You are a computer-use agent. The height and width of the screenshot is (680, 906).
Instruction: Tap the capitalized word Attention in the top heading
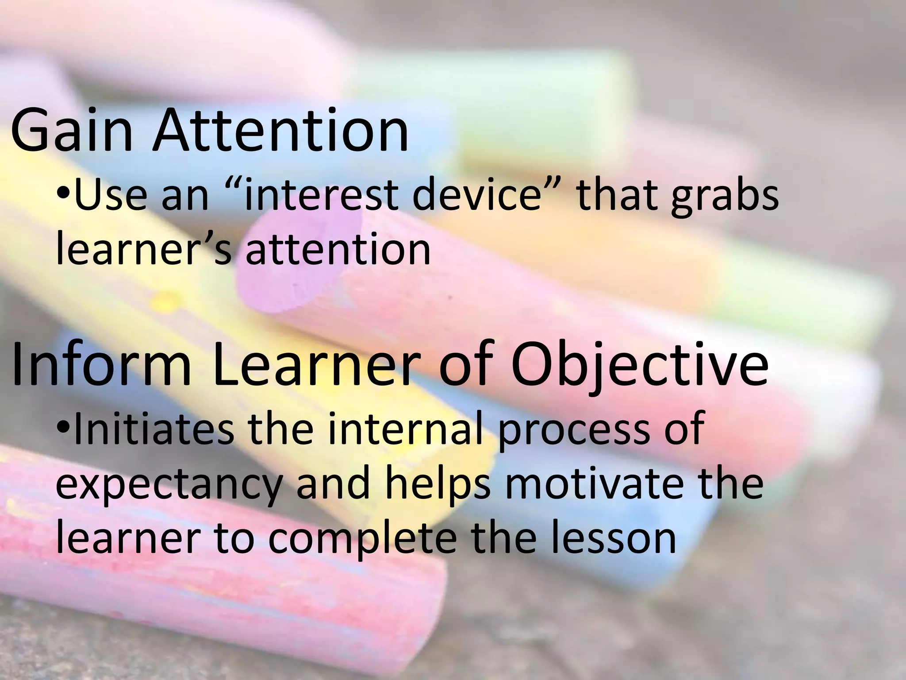[280, 131]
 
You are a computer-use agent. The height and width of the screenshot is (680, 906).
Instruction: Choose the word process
[571, 432]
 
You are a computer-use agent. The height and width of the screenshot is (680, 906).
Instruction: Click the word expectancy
[169, 486]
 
